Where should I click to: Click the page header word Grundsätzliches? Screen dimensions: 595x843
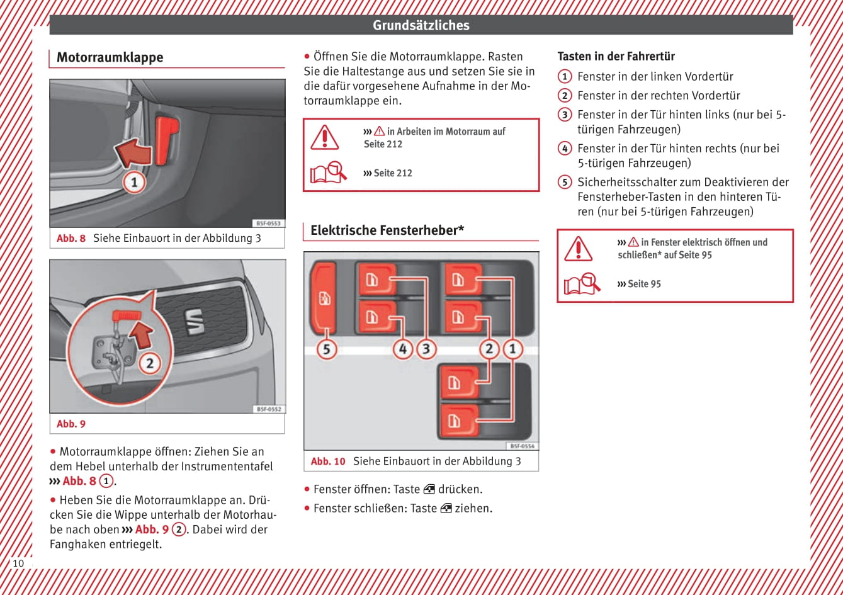tap(421, 25)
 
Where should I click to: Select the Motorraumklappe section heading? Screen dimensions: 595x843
tap(110, 57)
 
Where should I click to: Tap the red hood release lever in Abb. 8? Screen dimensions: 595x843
tap(166, 139)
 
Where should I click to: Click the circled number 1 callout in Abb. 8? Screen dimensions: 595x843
tap(133, 183)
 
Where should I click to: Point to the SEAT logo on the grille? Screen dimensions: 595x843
tap(193, 322)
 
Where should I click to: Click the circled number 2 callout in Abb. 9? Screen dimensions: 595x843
tap(150, 363)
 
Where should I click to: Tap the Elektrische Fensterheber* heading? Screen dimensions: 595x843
tap(387, 230)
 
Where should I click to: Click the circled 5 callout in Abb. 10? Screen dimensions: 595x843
tap(326, 349)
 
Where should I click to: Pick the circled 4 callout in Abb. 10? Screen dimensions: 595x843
tap(404, 349)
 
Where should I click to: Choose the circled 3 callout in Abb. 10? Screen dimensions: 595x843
tap(426, 349)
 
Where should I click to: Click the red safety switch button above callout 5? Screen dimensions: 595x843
tap(322, 297)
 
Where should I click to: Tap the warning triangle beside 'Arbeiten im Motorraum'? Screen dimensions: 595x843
tap(324, 137)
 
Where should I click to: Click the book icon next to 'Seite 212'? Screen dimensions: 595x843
tap(327, 172)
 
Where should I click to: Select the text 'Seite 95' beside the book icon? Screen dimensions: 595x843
tap(644, 284)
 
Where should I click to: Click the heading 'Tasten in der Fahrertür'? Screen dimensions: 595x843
tap(616, 56)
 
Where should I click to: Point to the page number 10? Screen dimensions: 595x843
tap(18, 563)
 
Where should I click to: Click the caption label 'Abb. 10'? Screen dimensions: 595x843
tap(328, 462)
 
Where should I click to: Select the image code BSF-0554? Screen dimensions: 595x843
tap(522, 446)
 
